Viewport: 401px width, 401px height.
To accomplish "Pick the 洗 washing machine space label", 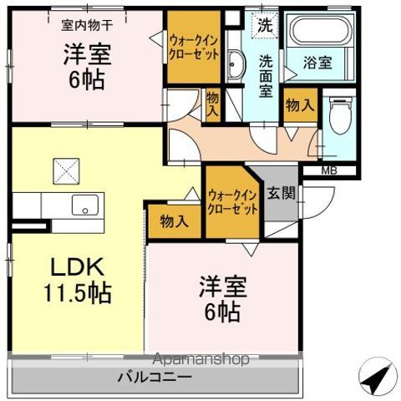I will (264, 25).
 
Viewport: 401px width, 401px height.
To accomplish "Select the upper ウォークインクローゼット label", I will (195, 47).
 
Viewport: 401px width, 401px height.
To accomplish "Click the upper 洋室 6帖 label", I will (86, 64).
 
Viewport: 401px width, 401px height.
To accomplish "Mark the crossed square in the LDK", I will (66, 170).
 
